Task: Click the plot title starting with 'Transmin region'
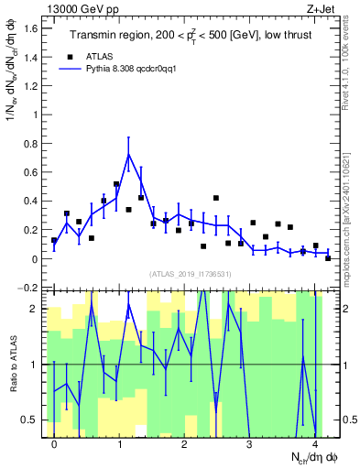[x=192, y=36]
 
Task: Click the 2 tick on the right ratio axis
[x=349, y=309]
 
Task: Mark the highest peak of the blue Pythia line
[x=129, y=154]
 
